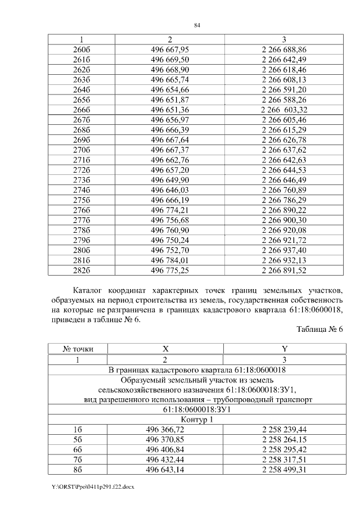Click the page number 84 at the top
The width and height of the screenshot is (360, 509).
click(x=197, y=25)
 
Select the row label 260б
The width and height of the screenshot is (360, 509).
click(x=82, y=49)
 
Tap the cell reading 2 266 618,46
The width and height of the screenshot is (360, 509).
click(x=283, y=70)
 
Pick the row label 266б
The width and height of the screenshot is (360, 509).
click(x=82, y=110)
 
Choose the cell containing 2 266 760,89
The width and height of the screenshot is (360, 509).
click(x=283, y=190)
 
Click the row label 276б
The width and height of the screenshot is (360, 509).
click(x=82, y=210)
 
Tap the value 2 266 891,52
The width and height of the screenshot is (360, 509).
click(x=283, y=270)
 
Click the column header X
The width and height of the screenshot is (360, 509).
click(x=165, y=349)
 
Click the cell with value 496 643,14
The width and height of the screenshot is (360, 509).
click(x=165, y=470)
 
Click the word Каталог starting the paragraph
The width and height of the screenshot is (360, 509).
click(x=91, y=290)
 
